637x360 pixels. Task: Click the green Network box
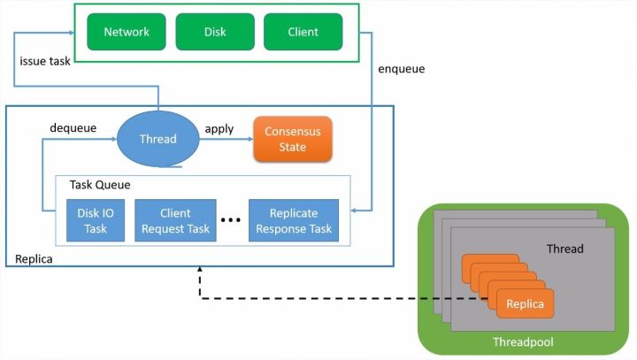click(x=127, y=32)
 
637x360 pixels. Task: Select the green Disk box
click(x=215, y=32)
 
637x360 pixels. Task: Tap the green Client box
click(x=303, y=32)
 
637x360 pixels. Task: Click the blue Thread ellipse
click(x=158, y=139)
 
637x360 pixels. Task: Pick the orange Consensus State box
click(x=293, y=139)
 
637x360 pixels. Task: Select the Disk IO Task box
click(x=96, y=221)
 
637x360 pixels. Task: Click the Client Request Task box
click(x=175, y=221)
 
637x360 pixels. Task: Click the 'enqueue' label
click(x=402, y=67)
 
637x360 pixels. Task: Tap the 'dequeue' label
click(x=73, y=128)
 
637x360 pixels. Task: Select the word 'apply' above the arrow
click(x=219, y=128)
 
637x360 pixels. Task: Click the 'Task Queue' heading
click(x=100, y=185)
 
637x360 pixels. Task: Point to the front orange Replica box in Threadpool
click(x=525, y=304)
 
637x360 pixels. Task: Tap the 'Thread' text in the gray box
click(x=564, y=249)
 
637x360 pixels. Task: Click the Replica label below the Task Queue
click(x=34, y=260)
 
